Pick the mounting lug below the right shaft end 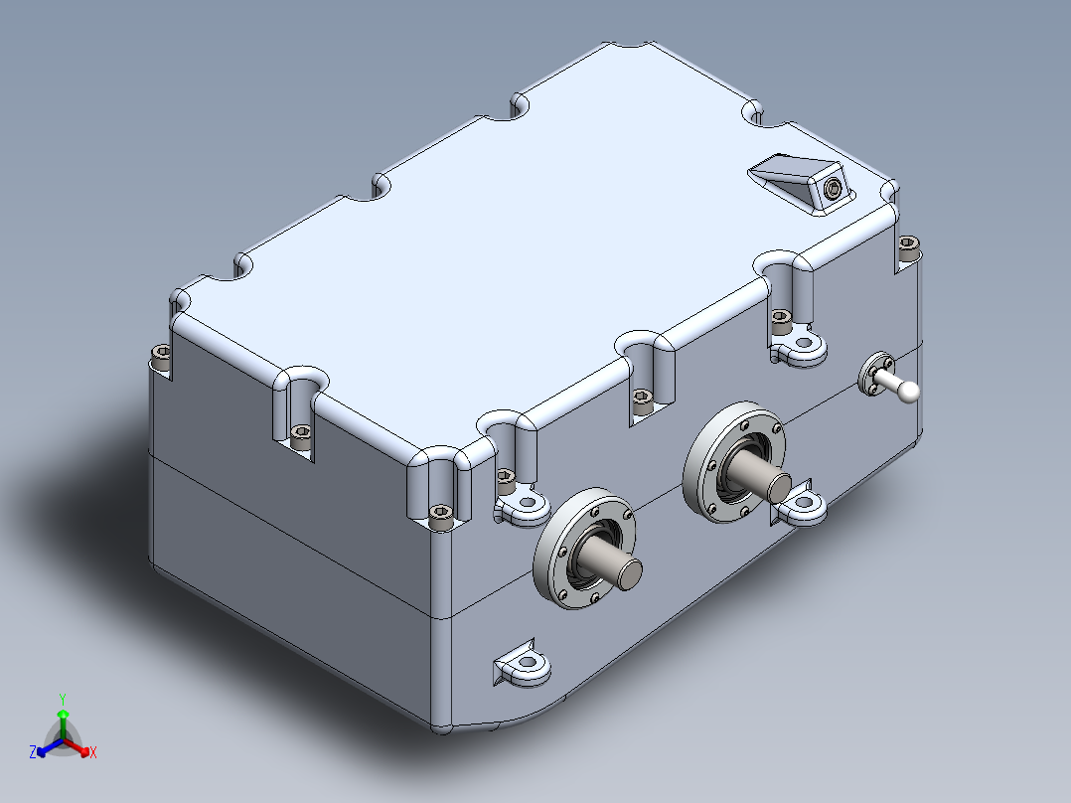click(802, 506)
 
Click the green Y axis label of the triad click(63, 698)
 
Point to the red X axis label click(92, 753)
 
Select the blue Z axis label click(33, 753)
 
